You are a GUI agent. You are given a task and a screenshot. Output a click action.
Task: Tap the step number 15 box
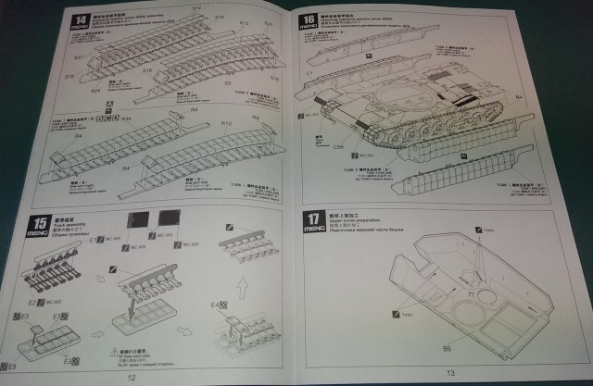[41, 222]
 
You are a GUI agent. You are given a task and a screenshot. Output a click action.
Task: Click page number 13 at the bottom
[450, 373]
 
